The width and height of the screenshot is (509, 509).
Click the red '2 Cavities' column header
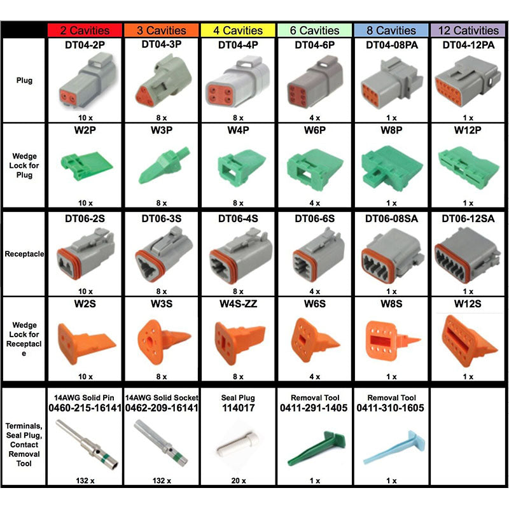tap(85, 30)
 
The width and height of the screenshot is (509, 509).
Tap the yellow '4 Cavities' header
tap(239, 30)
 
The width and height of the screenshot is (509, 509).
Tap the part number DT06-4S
tap(239, 218)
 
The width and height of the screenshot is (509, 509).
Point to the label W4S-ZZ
tap(239, 303)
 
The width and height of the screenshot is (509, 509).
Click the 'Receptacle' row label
tap(24, 254)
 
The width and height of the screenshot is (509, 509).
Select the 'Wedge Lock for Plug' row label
tap(24, 165)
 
